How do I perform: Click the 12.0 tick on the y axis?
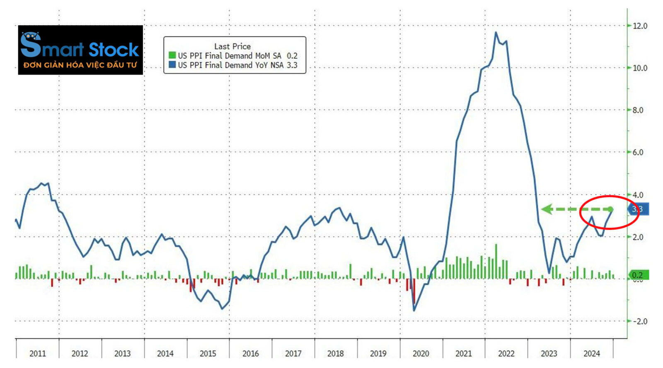point(639,26)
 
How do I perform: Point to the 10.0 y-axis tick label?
point(639,68)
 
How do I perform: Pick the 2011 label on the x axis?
point(38,353)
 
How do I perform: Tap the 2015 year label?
point(208,353)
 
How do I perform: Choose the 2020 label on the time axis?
point(421,353)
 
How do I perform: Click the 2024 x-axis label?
point(591,353)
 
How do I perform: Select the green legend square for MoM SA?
point(172,55)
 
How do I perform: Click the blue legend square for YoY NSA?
point(172,65)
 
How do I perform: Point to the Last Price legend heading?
point(232,46)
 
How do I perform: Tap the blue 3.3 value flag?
point(638,209)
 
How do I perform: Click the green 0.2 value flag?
point(638,275)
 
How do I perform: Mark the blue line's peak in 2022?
point(496,32)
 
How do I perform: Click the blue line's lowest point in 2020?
point(414,310)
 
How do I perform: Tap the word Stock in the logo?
point(114,50)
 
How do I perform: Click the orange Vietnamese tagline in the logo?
point(80,65)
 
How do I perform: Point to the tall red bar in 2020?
point(414,292)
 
